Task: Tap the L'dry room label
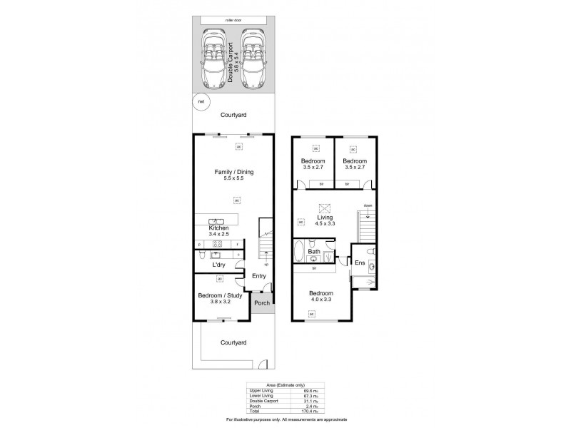[219, 265]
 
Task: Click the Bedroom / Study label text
[220, 297]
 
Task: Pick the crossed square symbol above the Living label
[325, 208]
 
